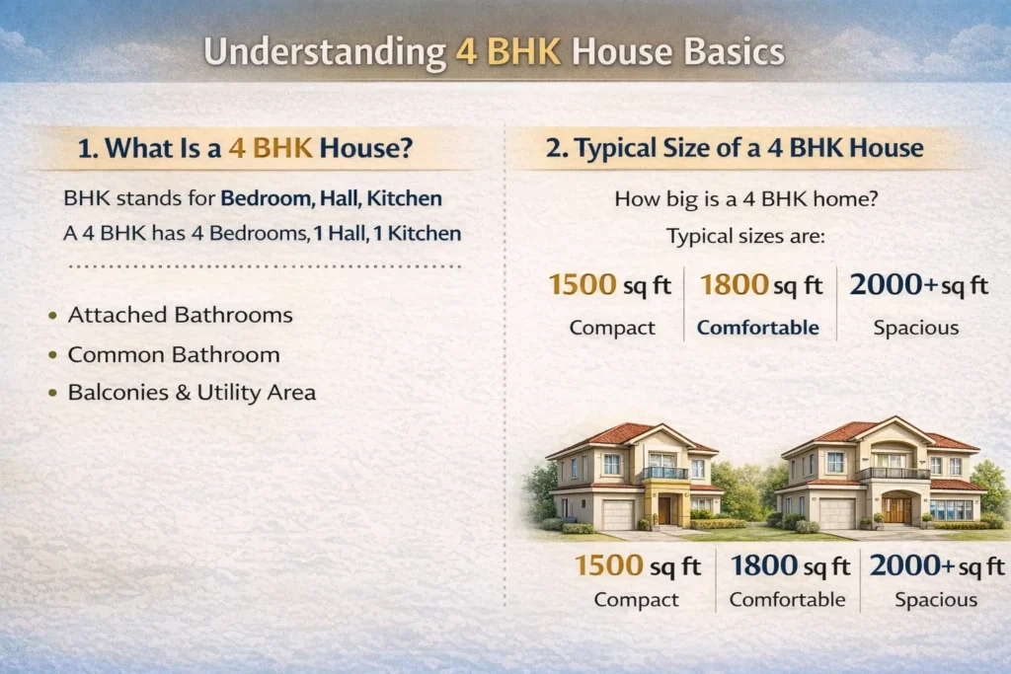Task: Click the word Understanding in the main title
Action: click(x=323, y=52)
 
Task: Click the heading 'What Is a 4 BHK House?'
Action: click(x=244, y=149)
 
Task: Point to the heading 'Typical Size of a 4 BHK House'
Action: click(x=735, y=149)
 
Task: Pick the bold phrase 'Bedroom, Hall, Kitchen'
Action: click(x=331, y=198)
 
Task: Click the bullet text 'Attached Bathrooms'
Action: click(x=181, y=316)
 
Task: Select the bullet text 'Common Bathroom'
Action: click(x=174, y=354)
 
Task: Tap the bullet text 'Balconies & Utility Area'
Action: click(x=192, y=393)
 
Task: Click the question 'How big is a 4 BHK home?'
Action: click(x=746, y=198)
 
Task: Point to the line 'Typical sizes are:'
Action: click(x=746, y=237)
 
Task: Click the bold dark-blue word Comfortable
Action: click(x=758, y=328)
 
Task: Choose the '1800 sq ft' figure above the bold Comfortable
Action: click(x=761, y=286)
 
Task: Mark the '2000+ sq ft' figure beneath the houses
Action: click(x=936, y=566)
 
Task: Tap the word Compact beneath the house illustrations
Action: click(x=637, y=599)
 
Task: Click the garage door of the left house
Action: click(x=618, y=514)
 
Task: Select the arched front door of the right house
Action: click(x=897, y=509)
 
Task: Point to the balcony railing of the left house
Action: click(x=663, y=473)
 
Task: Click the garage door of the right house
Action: click(x=837, y=513)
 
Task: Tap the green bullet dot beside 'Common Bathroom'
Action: click(x=51, y=355)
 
